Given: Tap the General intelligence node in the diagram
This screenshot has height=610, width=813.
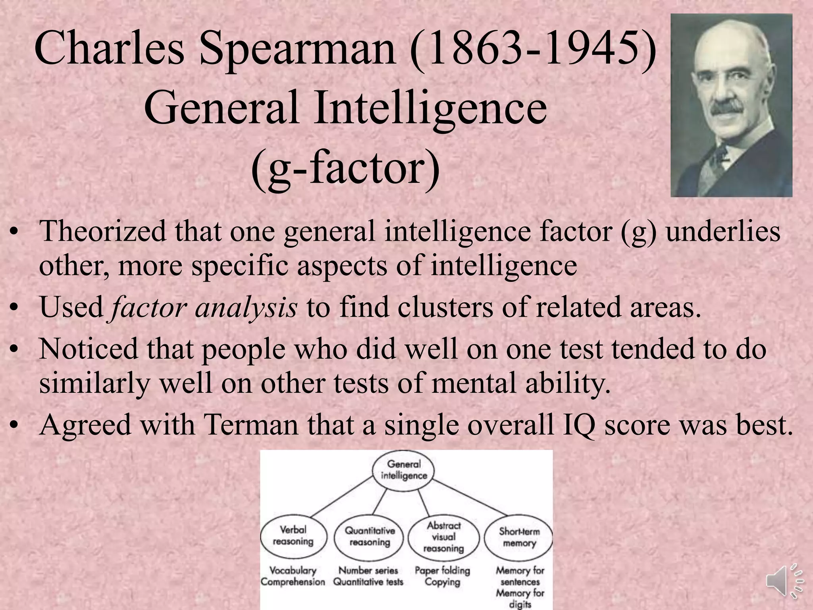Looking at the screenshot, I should tap(403, 470).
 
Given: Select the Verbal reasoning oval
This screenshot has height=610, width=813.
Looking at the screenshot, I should tap(293, 536).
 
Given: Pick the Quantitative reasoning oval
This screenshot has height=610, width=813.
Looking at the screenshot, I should tap(369, 537).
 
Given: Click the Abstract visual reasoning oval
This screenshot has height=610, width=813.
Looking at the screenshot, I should tap(443, 537).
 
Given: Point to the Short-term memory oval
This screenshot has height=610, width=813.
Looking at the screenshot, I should tap(519, 537).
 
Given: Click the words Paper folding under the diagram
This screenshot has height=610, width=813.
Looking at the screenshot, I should tap(442, 570).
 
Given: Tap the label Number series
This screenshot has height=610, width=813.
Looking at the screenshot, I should tap(368, 570).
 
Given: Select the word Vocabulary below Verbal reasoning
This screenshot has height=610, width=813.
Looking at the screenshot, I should tap(293, 570).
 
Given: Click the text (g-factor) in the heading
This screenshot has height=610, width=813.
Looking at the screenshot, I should tap(345, 169).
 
